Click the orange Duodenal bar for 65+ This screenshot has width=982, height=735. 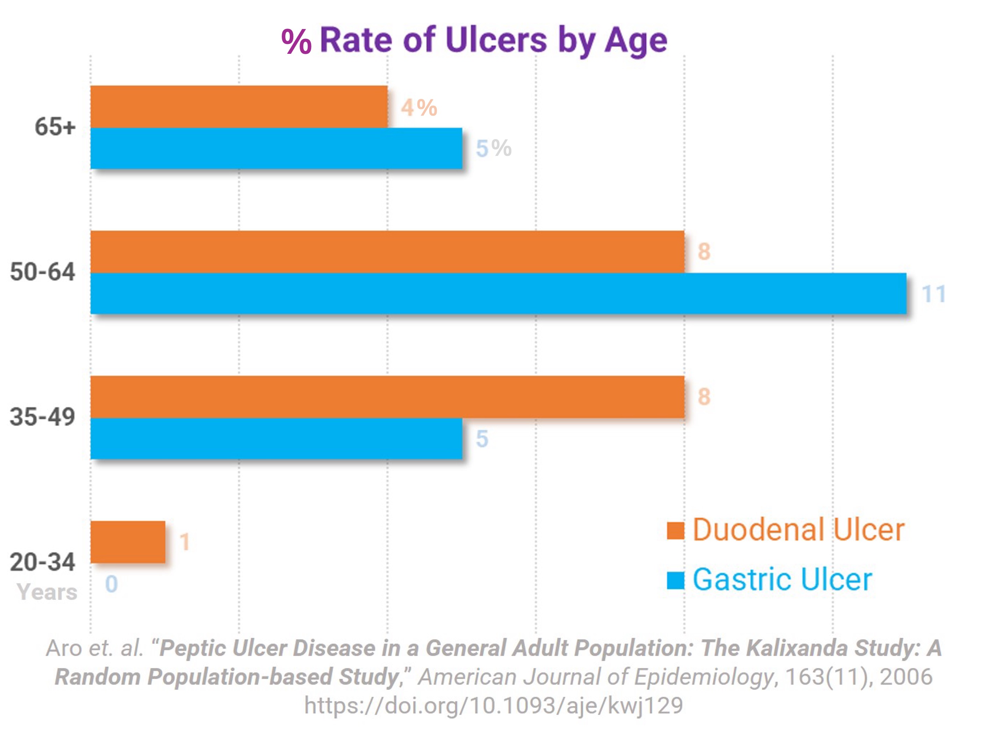click(239, 107)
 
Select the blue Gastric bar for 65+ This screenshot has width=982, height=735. click(276, 148)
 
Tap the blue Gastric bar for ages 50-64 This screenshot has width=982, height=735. click(498, 293)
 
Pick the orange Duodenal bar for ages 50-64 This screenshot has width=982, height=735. click(387, 252)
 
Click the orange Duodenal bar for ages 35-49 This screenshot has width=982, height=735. click(387, 397)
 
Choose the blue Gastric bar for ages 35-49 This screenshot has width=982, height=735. click(276, 439)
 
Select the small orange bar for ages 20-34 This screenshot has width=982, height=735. click(128, 542)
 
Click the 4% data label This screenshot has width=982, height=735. click(419, 107)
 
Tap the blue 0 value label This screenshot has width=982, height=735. click(112, 584)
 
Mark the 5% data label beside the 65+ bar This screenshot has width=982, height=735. click(494, 148)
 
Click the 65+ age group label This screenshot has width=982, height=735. click(55, 127)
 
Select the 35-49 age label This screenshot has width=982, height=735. click(43, 417)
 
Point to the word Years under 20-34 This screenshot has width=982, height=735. click(47, 592)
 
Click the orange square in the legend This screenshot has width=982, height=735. click(675, 531)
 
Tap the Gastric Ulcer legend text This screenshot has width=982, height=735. click(782, 580)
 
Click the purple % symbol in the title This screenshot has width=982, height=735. click(296, 42)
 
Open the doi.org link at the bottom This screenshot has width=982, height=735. click(493, 705)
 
